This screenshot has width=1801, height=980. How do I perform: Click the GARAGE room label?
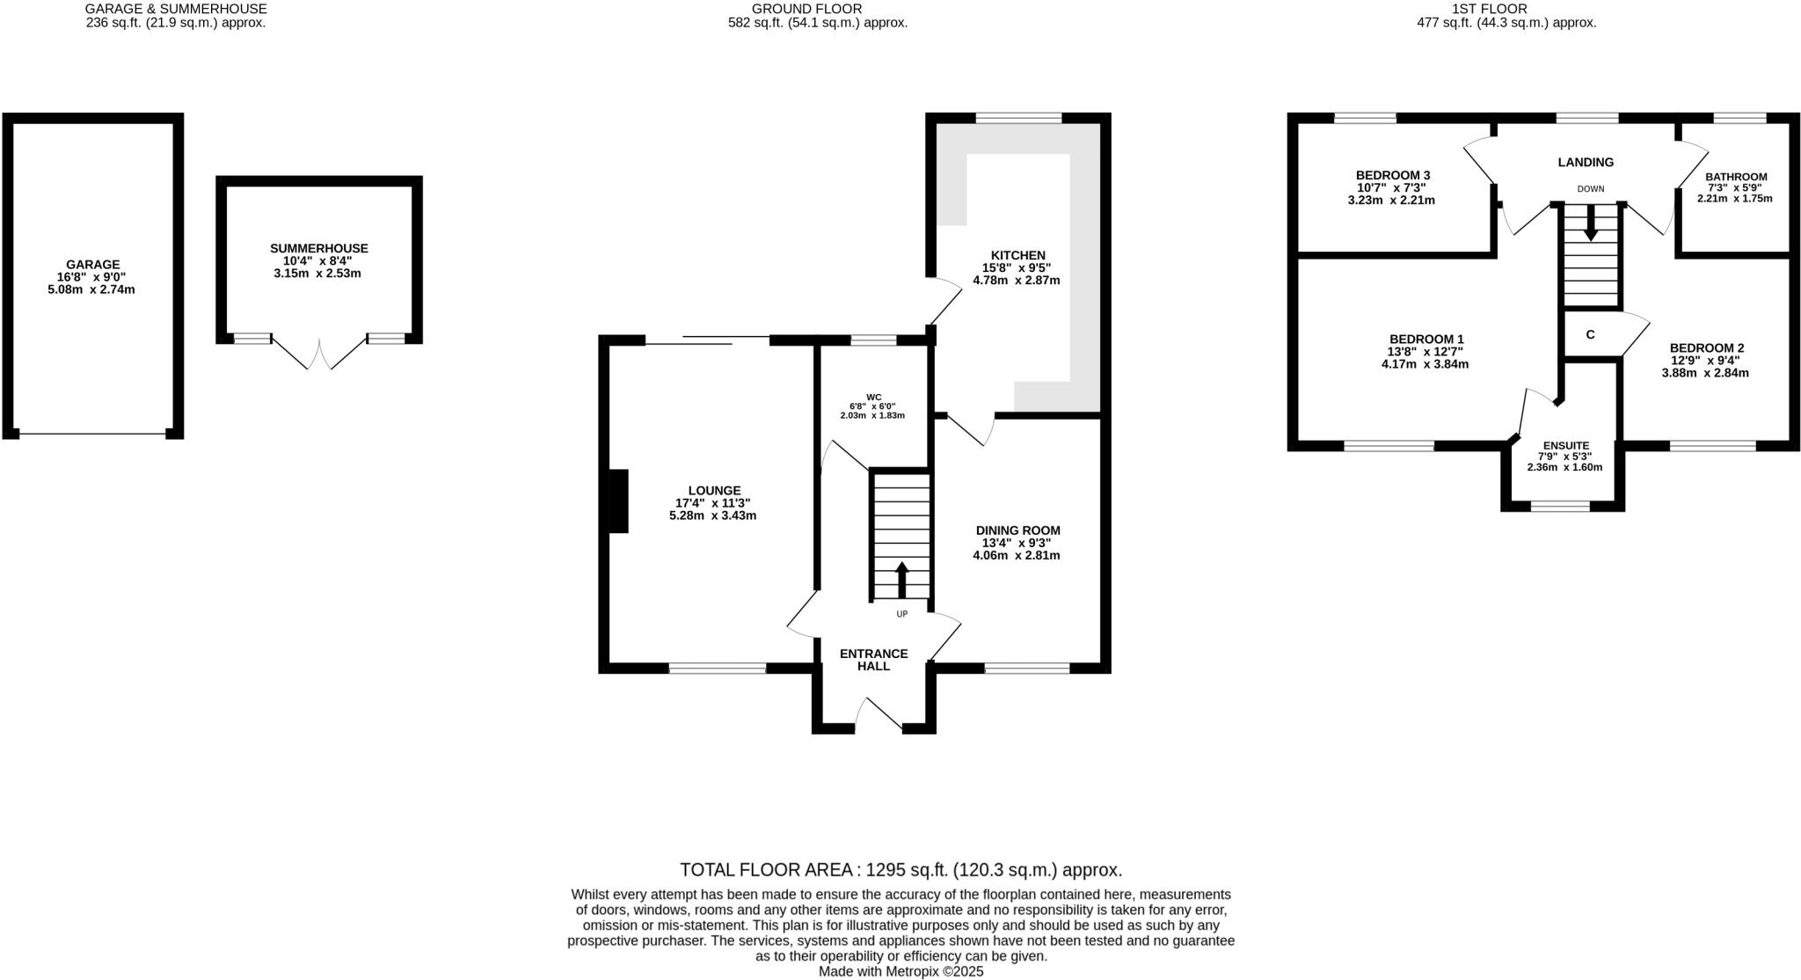click(x=93, y=264)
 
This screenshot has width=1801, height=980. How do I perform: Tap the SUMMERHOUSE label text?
click(x=318, y=249)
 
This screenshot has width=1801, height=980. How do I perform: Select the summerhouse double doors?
click(x=318, y=352)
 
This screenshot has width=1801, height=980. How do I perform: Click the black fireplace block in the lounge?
click(x=619, y=501)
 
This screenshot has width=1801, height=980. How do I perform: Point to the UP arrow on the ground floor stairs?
click(x=901, y=580)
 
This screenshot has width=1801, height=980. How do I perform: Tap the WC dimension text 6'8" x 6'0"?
click(x=872, y=406)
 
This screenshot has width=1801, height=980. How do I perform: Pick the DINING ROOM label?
click(x=1017, y=530)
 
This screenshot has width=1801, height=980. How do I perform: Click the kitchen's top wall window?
click(x=1018, y=118)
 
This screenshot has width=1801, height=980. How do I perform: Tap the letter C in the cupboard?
click(x=1590, y=335)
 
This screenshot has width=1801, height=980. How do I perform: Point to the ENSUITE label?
click(x=1565, y=446)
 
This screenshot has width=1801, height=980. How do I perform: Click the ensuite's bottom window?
click(x=1560, y=507)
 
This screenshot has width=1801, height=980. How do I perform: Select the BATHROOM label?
click(x=1736, y=177)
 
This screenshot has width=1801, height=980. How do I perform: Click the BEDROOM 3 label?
click(x=1392, y=175)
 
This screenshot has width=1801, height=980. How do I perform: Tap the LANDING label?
click(x=1586, y=162)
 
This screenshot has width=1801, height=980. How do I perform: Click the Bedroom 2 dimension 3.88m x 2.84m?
click(x=1704, y=373)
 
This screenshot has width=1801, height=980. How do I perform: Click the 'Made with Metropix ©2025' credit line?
click(x=900, y=972)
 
